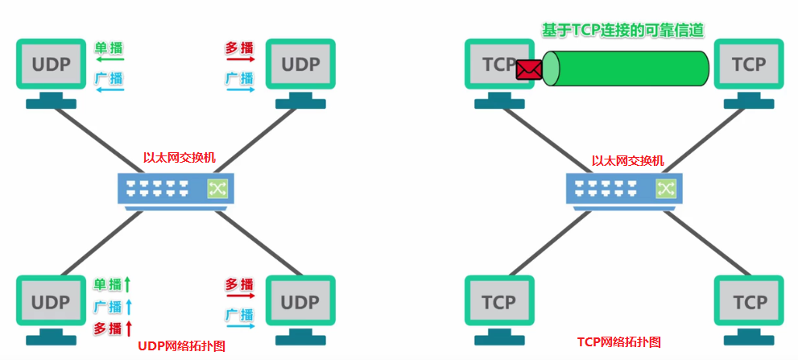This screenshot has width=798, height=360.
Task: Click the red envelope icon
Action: [528, 69]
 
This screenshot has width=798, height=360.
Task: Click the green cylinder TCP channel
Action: [626, 68]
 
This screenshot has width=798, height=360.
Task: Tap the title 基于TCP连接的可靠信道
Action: [622, 30]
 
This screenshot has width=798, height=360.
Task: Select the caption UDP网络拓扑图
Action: [181, 346]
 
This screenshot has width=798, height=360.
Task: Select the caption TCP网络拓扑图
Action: [618, 342]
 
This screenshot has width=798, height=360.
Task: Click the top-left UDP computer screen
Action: [51, 64]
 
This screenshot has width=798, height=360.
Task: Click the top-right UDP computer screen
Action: [300, 64]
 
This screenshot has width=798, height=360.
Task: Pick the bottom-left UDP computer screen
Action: [51, 302]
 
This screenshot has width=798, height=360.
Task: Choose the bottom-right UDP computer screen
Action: [300, 302]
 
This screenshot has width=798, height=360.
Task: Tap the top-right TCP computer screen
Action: [749, 64]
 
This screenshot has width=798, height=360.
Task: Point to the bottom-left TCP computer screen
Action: [499, 302]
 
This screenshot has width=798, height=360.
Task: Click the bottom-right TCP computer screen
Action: [749, 302]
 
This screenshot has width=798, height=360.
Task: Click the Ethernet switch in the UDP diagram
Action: [176, 188]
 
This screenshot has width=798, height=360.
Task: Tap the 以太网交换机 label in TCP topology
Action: [627, 161]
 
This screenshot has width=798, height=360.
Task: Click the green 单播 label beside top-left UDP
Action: [109, 47]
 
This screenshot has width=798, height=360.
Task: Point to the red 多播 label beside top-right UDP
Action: [239, 47]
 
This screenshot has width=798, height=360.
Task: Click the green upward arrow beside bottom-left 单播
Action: [127, 283]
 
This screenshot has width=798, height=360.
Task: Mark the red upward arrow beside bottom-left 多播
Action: [127, 328]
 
